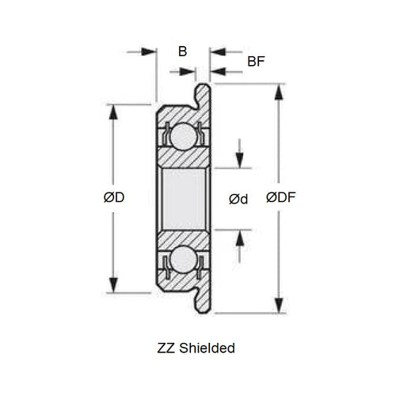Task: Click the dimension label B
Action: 182,52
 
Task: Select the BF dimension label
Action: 256,61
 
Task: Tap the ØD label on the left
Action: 114,197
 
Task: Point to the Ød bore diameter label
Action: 238,199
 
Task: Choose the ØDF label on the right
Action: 281,197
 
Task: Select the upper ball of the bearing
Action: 183,136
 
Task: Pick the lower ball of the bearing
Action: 183,259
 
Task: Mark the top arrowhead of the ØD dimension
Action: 114,112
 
